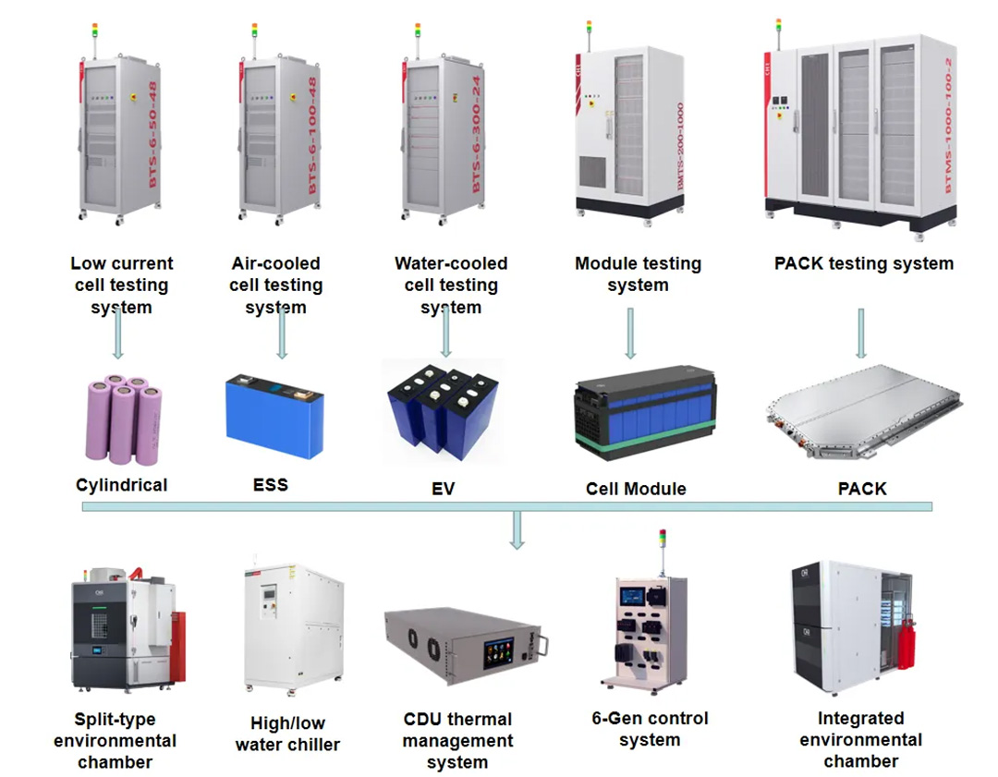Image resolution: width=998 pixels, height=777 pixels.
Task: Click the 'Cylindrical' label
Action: click(x=121, y=484)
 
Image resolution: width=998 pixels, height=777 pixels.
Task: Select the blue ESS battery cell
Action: click(x=274, y=417)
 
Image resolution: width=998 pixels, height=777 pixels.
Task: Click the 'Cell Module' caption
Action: click(x=636, y=489)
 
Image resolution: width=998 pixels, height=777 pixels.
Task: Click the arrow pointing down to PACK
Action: click(x=861, y=333)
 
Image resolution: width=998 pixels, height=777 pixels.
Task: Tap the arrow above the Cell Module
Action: click(x=630, y=333)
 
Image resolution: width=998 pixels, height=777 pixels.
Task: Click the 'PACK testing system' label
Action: click(x=863, y=263)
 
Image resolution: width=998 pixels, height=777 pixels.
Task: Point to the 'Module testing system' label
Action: click(x=638, y=274)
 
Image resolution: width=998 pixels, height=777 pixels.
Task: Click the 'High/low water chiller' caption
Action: click(x=287, y=734)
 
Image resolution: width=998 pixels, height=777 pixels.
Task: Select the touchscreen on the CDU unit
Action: click(x=500, y=652)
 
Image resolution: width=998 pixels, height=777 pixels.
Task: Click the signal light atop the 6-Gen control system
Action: click(x=662, y=542)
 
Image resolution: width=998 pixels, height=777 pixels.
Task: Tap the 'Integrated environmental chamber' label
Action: click(x=860, y=739)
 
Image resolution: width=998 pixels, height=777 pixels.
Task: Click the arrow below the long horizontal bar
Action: click(x=517, y=530)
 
